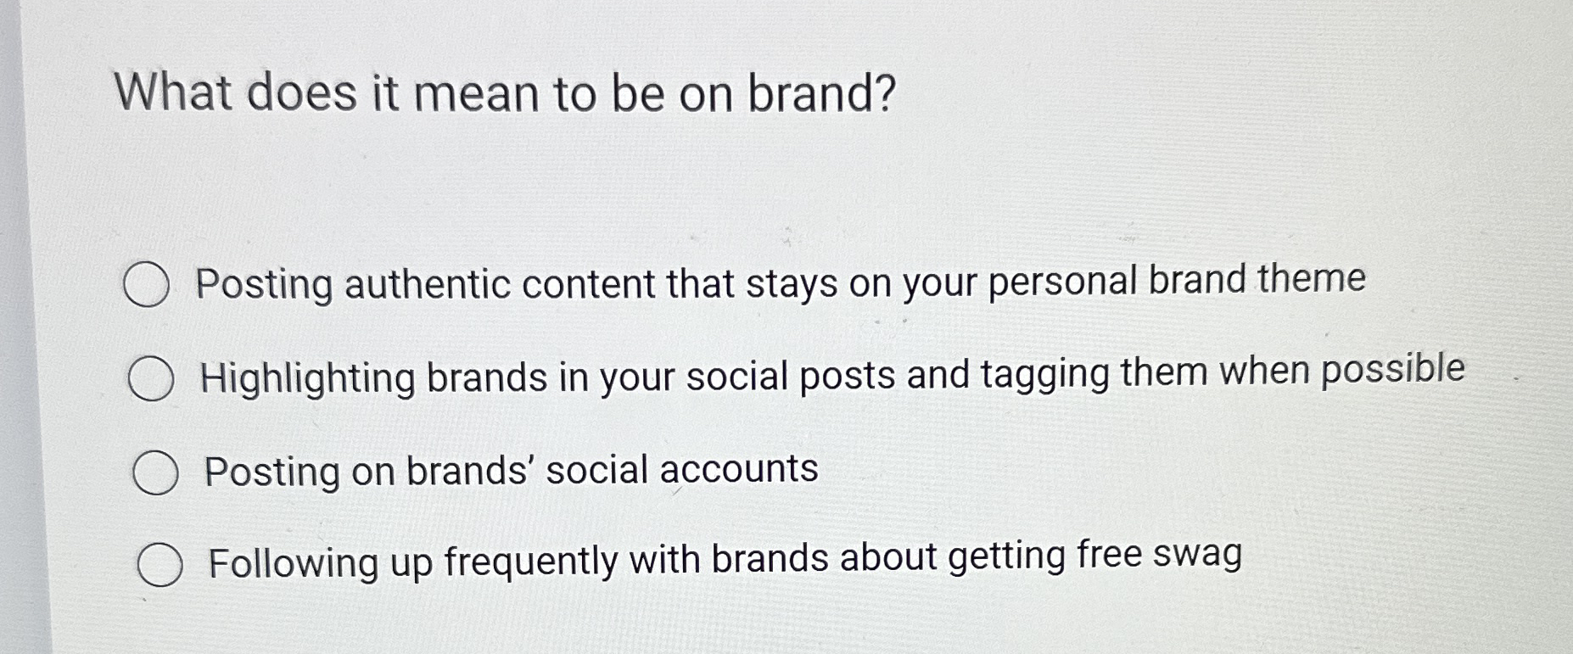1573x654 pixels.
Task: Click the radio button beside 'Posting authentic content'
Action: click(x=146, y=285)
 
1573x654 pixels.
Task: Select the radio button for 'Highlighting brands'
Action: click(x=151, y=379)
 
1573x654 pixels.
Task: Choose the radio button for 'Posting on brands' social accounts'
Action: click(x=155, y=473)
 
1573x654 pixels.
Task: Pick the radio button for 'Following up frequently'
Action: click(x=160, y=566)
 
